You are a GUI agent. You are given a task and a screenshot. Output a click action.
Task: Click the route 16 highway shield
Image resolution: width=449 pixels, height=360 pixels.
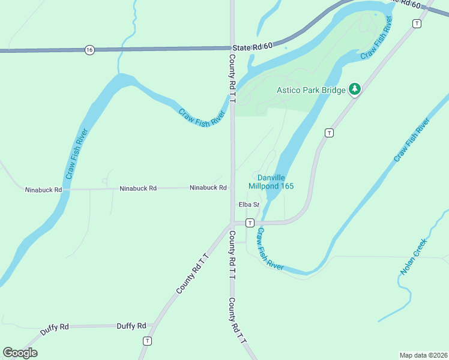click(89, 50)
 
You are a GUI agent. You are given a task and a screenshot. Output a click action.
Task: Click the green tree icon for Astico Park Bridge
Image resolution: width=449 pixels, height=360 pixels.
click(355, 89)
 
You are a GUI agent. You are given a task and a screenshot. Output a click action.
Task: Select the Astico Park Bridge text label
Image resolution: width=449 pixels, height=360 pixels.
click(311, 91)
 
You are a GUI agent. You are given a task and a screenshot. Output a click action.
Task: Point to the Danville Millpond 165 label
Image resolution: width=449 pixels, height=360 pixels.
click(276, 182)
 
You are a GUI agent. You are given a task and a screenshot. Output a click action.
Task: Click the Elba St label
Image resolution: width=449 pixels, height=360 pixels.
click(249, 205)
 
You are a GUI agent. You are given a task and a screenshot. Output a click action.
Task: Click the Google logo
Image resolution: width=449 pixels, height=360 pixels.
click(20, 352)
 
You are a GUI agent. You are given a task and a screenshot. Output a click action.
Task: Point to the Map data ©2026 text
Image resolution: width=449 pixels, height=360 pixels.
click(423, 355)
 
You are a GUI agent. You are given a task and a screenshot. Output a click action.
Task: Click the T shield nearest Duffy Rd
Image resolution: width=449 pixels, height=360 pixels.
click(146, 340)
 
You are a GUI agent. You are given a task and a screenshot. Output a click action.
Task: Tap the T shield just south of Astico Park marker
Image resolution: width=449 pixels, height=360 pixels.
click(329, 133)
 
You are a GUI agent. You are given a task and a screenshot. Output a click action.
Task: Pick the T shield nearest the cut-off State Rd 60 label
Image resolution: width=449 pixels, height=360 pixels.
click(417, 23)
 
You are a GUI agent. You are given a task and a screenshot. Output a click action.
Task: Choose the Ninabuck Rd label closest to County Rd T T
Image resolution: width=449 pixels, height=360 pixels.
click(208, 188)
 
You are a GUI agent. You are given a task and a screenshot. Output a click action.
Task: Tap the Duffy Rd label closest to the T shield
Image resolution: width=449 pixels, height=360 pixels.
click(131, 326)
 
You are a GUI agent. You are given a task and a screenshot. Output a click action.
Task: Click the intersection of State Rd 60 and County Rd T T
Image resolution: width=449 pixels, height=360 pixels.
click(232, 48)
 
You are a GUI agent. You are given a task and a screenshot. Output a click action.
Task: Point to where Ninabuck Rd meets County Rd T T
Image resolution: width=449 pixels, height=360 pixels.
click(232, 188)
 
